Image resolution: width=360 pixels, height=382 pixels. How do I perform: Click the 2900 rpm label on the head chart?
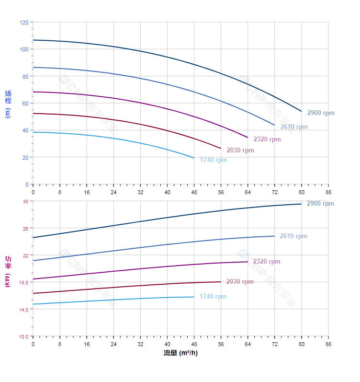pos(321,113)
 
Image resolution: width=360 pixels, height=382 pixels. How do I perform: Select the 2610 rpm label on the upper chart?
pos(294,127)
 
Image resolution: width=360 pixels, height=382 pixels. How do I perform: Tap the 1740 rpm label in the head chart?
pos(214,160)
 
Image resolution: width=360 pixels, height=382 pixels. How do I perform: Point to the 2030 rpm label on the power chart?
pos(240,282)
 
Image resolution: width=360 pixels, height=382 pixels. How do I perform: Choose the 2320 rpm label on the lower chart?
pos(267,262)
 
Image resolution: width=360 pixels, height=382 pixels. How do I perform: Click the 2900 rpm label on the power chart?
pos(321,204)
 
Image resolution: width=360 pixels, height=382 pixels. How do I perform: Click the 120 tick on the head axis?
pos(24,23)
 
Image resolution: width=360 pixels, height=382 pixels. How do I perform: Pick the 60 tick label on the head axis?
pos(25,104)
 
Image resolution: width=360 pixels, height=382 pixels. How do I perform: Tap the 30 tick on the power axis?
pos(25,201)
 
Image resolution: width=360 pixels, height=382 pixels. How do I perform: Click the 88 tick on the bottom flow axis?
pos(328,344)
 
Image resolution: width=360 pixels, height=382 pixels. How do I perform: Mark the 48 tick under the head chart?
pos(194,192)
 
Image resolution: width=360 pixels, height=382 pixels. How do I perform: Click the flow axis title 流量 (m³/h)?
pos(180,353)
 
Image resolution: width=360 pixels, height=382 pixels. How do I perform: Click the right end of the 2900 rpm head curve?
pos(302,111)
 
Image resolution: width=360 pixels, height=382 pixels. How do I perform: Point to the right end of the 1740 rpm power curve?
pos(194,297)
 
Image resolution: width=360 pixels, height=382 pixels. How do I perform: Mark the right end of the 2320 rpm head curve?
pos(247,138)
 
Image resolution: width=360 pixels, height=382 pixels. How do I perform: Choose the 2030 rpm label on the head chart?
pos(240,150)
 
